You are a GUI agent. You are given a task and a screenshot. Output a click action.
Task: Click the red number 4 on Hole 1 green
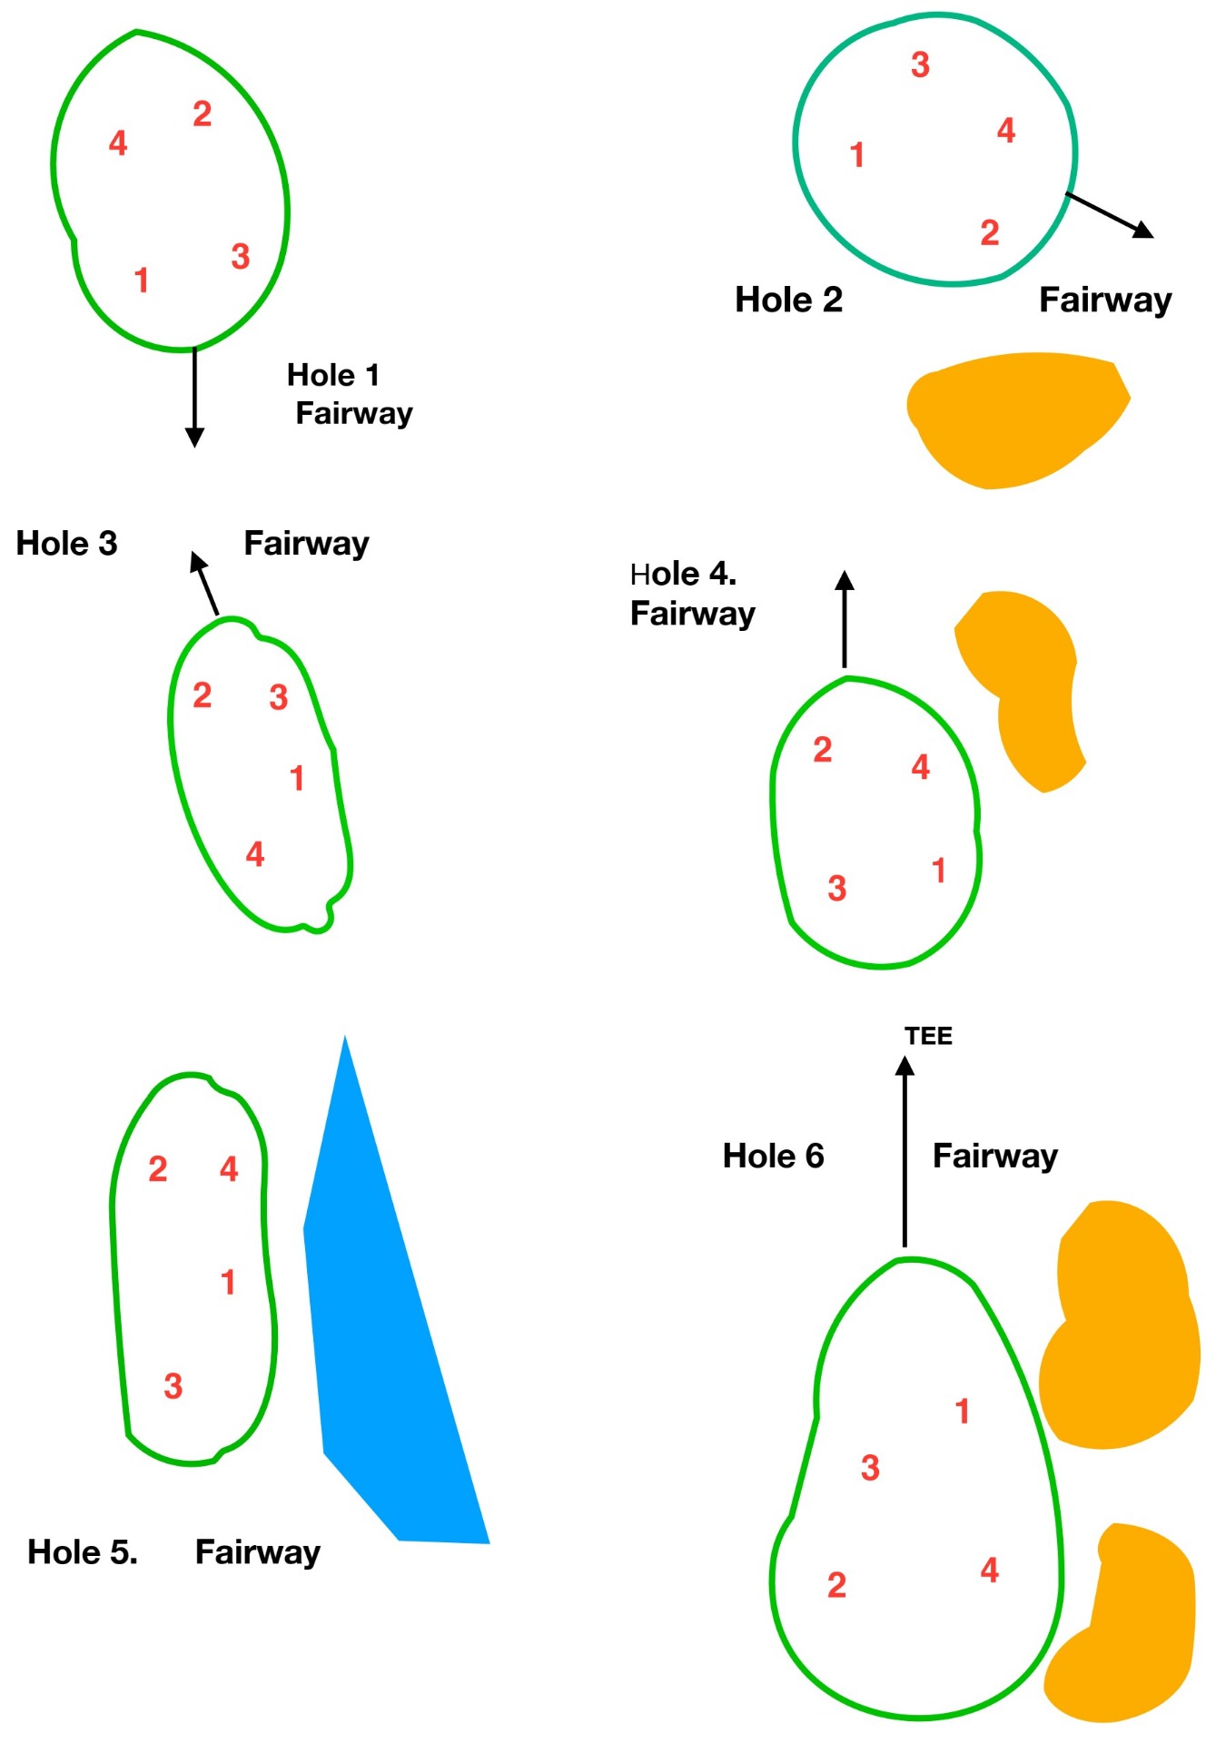pyautogui.click(x=118, y=143)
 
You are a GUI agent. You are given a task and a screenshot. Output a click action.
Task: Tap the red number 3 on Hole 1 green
pyautogui.click(x=240, y=257)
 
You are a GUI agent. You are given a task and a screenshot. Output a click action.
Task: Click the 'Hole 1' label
pyautogui.click(x=332, y=375)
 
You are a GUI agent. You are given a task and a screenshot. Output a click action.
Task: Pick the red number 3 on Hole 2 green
pyautogui.click(x=920, y=65)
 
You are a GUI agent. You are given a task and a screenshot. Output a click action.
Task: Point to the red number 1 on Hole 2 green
pyautogui.click(x=856, y=155)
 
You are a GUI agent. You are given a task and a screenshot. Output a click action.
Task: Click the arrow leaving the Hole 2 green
pyautogui.click(x=1109, y=215)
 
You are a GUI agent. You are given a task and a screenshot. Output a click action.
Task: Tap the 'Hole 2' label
pyautogui.click(x=788, y=300)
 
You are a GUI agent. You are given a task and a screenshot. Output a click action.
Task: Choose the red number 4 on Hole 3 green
pyautogui.click(x=255, y=854)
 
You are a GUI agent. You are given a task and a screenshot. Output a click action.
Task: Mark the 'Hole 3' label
pyautogui.click(x=67, y=544)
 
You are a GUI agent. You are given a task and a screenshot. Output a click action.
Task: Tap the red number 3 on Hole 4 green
pyautogui.click(x=836, y=889)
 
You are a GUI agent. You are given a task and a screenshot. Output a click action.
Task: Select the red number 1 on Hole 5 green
pyautogui.click(x=228, y=1283)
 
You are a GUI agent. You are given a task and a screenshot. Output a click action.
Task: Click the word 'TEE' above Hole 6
pyautogui.click(x=928, y=1036)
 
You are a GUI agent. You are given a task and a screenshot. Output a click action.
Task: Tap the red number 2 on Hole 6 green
pyautogui.click(x=836, y=1586)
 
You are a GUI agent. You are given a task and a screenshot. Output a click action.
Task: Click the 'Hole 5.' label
pyautogui.click(x=83, y=1552)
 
